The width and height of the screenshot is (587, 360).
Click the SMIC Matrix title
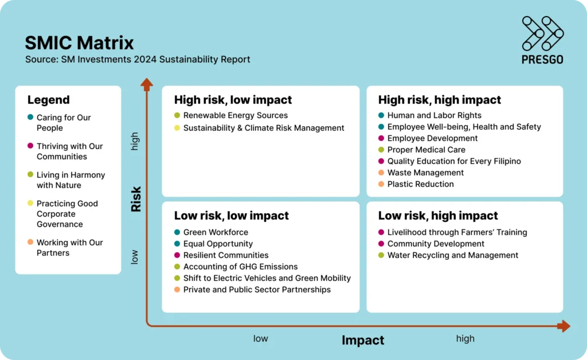click(79, 42)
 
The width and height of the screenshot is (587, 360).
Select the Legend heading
click(48, 100)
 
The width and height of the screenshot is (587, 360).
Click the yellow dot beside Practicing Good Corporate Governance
click(30, 203)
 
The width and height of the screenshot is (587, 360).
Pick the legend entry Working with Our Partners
click(69, 248)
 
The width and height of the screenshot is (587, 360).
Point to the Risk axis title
click(136, 199)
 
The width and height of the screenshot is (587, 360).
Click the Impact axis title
click(362, 340)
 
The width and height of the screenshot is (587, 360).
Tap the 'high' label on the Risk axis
click(135, 141)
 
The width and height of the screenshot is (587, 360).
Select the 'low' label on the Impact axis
click(260, 338)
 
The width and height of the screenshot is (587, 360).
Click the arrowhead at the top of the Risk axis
click(147, 84)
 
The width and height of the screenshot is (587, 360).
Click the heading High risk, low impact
click(233, 100)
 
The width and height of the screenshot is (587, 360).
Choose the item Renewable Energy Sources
click(235, 115)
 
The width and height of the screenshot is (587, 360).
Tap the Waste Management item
click(425, 173)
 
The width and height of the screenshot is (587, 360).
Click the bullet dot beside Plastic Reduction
click(381, 184)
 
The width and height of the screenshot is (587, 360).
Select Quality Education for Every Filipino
click(454, 161)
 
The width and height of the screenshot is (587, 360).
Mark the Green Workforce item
click(216, 232)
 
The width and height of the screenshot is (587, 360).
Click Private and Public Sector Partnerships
click(257, 289)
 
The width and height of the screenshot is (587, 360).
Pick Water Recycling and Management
click(453, 255)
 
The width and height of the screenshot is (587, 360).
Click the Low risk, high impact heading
click(438, 216)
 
